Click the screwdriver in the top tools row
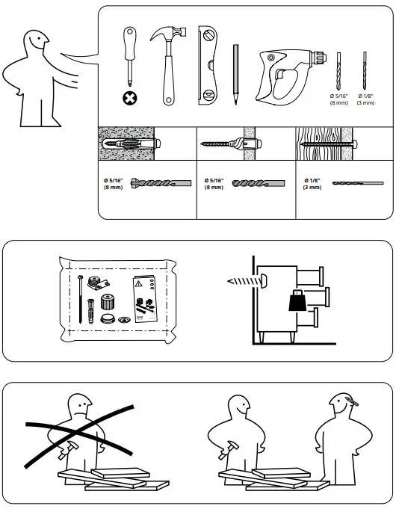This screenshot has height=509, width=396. tap(130, 56)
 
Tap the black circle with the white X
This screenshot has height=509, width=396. tap(132, 97)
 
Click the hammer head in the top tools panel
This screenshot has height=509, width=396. tap(169, 39)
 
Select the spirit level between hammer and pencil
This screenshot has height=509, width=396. tap(207, 65)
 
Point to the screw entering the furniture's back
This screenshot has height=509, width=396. tap(244, 281)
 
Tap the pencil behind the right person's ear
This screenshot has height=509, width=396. tap(350, 405)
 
